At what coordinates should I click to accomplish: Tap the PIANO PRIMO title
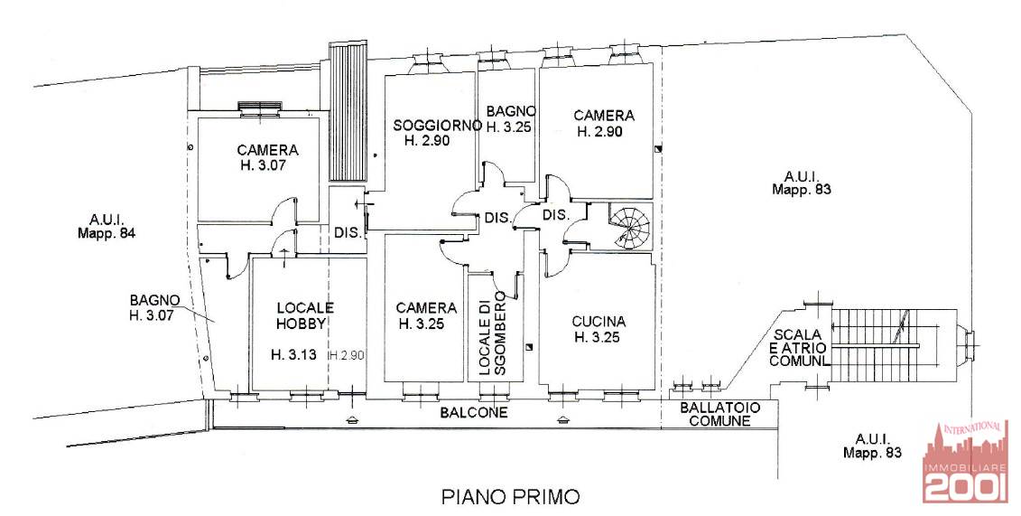pos(510,497)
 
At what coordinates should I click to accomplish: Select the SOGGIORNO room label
pos(438,125)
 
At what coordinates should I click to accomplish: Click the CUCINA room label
pos(599,321)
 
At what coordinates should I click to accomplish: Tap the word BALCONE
pos(473,413)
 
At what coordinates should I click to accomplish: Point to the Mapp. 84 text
pos(107,232)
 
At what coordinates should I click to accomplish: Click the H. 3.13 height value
pos(293,355)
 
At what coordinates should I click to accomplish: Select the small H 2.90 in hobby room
pos(346,355)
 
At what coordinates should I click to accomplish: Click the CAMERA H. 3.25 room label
pos(426,315)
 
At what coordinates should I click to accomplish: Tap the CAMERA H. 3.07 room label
pos(267,157)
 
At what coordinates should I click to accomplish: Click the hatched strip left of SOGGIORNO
pos(348,111)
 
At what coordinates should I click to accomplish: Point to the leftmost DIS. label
pos(348,232)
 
